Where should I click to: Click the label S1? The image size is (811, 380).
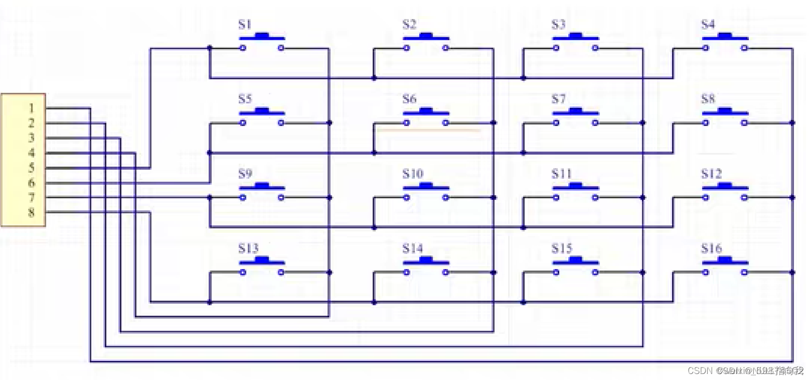click(245, 24)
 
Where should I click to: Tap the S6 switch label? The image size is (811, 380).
click(409, 99)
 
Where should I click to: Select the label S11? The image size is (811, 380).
click(561, 174)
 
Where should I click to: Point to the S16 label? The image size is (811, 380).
click(711, 248)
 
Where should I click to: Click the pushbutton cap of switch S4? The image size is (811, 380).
click(725, 36)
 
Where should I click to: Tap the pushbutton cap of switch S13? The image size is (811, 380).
click(262, 260)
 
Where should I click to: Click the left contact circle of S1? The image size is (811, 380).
click(243, 48)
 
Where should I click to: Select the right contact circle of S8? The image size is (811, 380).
click(744, 122)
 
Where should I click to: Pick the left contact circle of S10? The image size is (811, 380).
click(406, 198)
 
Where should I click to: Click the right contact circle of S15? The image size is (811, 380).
click(595, 273)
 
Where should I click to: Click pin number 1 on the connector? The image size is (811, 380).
click(31, 108)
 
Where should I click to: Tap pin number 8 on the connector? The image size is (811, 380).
click(31, 212)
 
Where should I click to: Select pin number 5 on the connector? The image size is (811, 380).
click(31, 168)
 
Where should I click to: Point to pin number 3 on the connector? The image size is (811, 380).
click(31, 138)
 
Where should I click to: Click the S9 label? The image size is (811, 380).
click(245, 174)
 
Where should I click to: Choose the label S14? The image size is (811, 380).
click(412, 248)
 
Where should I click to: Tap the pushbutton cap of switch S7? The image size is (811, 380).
click(575, 110)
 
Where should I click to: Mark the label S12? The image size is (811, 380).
click(711, 174)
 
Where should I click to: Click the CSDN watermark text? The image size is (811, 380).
click(700, 370)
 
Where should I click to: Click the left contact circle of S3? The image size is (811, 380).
click(556, 48)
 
